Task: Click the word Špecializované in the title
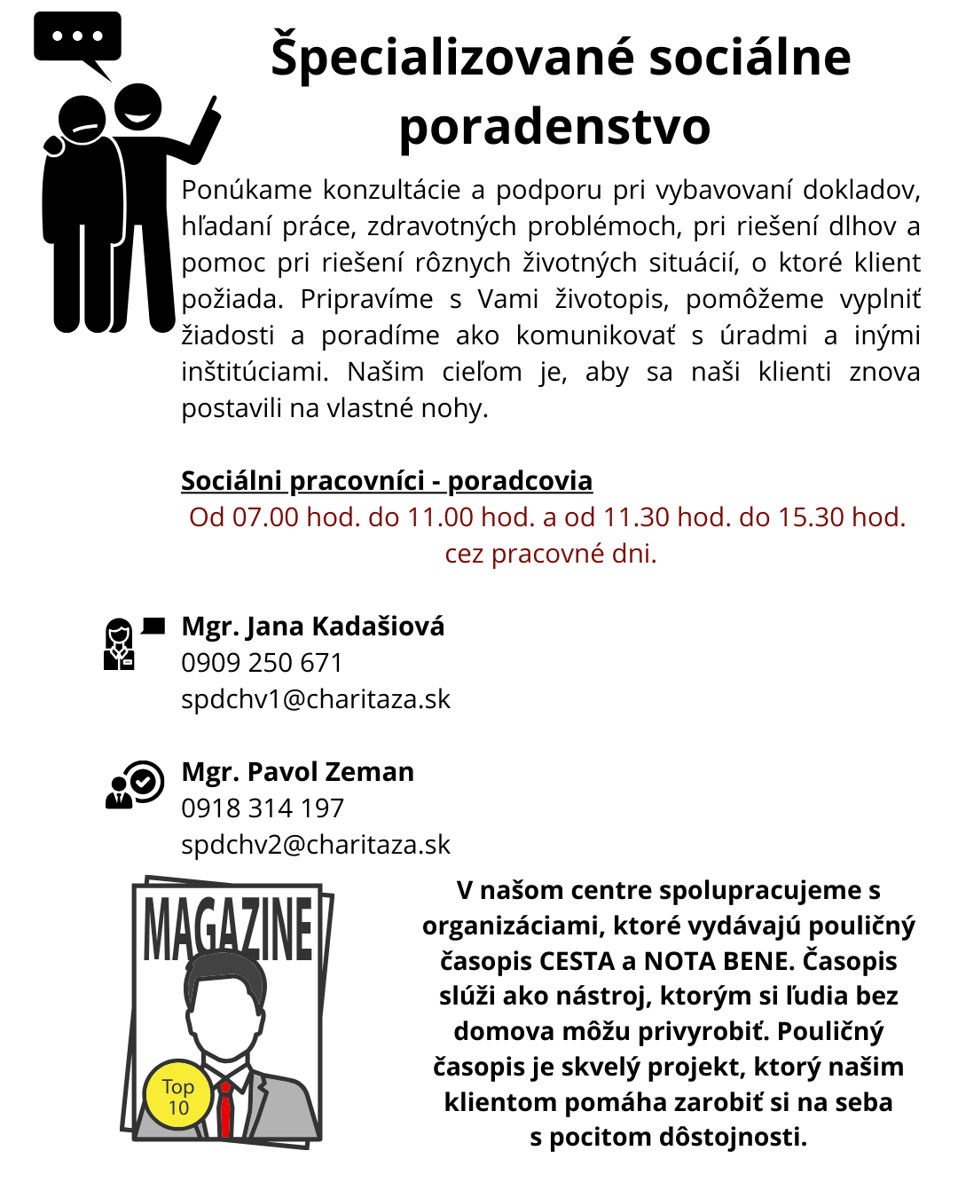pos(452,57)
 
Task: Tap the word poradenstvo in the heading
pos(554,127)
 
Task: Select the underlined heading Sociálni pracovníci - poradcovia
pos(387,480)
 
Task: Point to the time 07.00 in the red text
pos(265,517)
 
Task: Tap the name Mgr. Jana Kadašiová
pos(313,627)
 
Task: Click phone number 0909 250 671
pos(262,663)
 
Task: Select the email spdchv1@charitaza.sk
pos(316,699)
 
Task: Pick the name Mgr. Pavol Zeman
pos(298,772)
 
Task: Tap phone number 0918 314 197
pos(263,808)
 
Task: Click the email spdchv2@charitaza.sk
pos(316,845)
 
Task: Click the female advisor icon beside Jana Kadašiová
pos(119,644)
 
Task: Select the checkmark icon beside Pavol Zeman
pos(145,781)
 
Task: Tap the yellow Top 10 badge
pos(178,1097)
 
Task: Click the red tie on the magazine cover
pos(225,1109)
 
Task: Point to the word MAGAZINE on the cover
pos(228,929)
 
